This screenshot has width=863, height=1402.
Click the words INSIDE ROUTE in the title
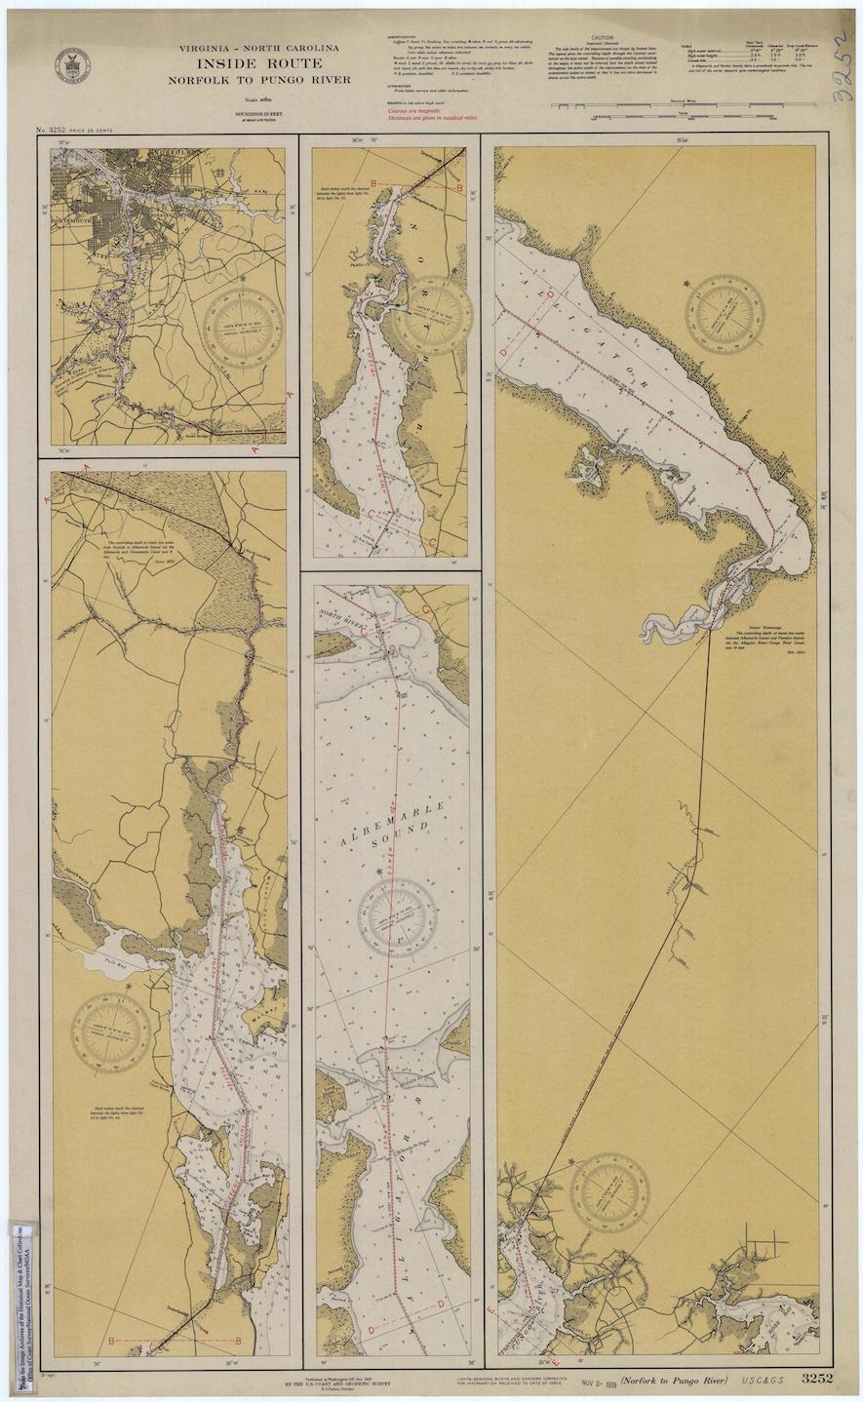258,62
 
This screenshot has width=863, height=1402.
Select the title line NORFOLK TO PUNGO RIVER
258,79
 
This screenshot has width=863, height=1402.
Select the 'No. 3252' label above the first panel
55,130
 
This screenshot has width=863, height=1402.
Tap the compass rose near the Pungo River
609,1191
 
